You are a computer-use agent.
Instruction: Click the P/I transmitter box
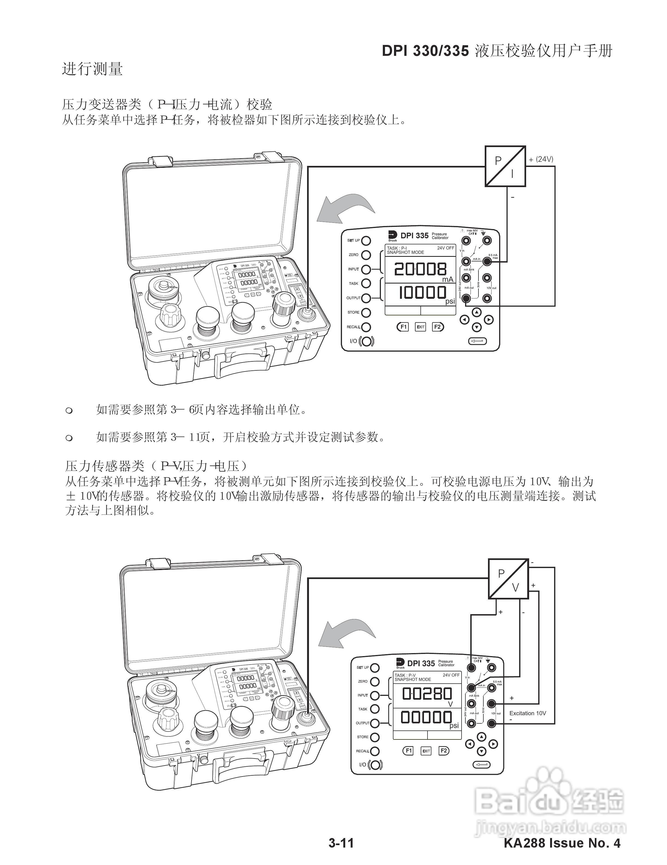[x=505, y=166]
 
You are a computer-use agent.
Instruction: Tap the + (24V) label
[x=541, y=159]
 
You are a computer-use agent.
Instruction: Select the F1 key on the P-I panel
[x=403, y=327]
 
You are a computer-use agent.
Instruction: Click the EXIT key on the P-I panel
[x=420, y=327]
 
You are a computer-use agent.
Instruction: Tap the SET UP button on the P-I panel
[x=366, y=240]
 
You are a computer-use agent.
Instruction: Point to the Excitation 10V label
[x=527, y=713]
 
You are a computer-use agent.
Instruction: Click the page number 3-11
[x=341, y=843]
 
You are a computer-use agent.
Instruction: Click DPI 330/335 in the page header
[x=425, y=51]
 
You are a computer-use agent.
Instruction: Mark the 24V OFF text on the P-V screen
[x=451, y=675]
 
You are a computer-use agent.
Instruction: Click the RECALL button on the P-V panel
[x=375, y=751]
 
